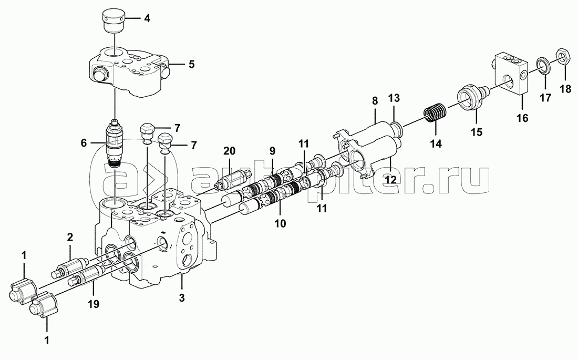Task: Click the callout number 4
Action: coord(147,19)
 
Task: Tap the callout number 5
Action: coord(191,65)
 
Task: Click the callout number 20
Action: coord(229,151)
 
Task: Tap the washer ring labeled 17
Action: coord(544,65)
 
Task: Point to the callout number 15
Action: coord(476,133)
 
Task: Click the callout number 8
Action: coord(375,100)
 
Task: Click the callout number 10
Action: coord(280,223)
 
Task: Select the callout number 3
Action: coord(182,299)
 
